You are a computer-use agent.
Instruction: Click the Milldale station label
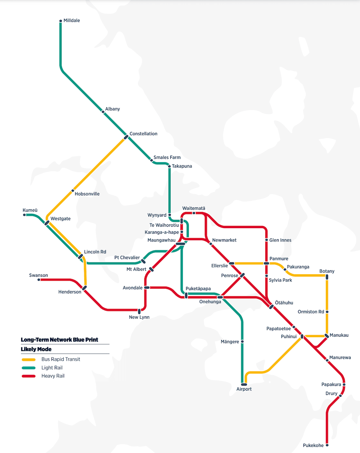[x=71, y=21]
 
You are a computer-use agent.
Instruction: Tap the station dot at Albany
[x=103, y=112]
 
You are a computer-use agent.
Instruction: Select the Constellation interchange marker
[x=126, y=137]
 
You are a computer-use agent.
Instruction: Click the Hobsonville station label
[x=87, y=194]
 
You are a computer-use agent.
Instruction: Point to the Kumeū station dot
[x=24, y=215]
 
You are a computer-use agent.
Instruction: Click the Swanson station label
[x=39, y=275]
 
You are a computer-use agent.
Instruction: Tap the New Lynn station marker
[x=139, y=311]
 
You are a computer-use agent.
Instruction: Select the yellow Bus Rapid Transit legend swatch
[x=29, y=359]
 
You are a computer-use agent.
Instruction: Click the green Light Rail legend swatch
[x=29, y=368]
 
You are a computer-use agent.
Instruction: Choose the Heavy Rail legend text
[x=53, y=376]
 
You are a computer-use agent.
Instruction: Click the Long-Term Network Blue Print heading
[x=59, y=340]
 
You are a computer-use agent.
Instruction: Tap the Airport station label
[x=244, y=389]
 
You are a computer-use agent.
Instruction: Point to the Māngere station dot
[x=242, y=341]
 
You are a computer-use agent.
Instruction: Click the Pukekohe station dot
[x=327, y=445]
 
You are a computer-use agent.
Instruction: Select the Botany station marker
[x=327, y=277]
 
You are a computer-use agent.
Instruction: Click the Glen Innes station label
[x=280, y=240]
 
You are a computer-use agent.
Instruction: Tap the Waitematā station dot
[x=194, y=213]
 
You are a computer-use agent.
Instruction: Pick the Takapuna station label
[x=182, y=166]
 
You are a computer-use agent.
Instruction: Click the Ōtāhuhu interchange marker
[x=271, y=307]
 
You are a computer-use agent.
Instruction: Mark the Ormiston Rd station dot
[x=327, y=312]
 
